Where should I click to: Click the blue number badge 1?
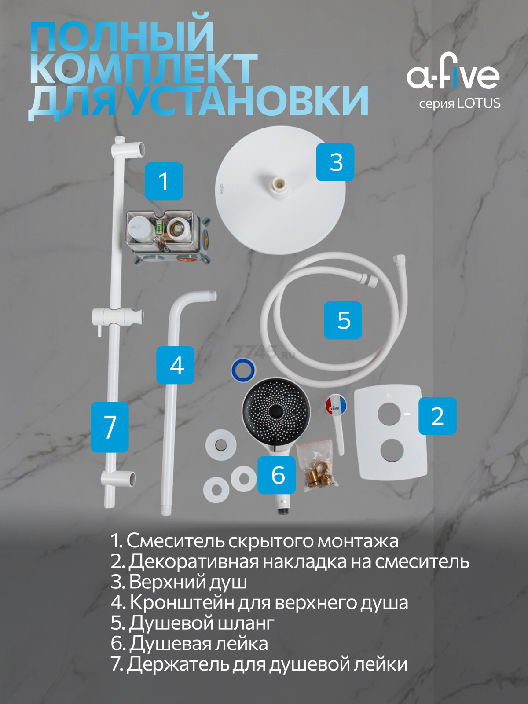pyautogui.click(x=164, y=181)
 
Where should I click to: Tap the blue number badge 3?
pyautogui.click(x=335, y=162)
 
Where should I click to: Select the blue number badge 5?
pyautogui.click(x=343, y=320)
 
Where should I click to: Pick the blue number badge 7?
pyautogui.click(x=110, y=427)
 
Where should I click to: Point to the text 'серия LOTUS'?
pyautogui.click(x=459, y=104)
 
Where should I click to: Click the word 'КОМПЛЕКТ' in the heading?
pyautogui.click(x=143, y=69)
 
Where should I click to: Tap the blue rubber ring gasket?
pyautogui.click(x=243, y=370)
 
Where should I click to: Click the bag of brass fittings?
pyautogui.click(x=317, y=464)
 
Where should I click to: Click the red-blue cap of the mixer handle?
pyautogui.click(x=336, y=405)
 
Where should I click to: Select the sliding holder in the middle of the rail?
pyautogui.click(x=117, y=316)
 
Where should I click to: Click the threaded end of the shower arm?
pyautogui.click(x=213, y=296)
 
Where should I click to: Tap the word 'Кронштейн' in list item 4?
pyautogui.click(x=182, y=602)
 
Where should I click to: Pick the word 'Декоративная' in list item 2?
pyautogui.click(x=193, y=561)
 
